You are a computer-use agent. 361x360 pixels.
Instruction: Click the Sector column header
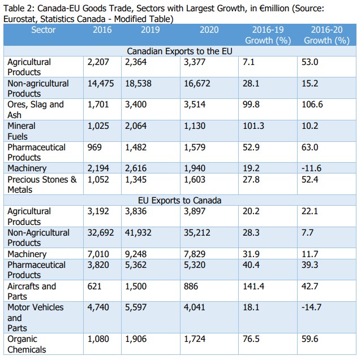click(x=43, y=30)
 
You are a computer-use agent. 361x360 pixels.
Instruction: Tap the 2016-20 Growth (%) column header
click(x=326, y=35)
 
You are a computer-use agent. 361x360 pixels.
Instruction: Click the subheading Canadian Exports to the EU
click(x=179, y=51)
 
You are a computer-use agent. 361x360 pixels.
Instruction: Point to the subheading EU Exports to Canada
click(x=179, y=201)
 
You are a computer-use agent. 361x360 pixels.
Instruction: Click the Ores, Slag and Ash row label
click(x=36, y=110)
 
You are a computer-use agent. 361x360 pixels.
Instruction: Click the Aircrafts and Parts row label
click(x=32, y=291)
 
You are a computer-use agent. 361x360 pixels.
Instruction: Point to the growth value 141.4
click(x=253, y=286)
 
